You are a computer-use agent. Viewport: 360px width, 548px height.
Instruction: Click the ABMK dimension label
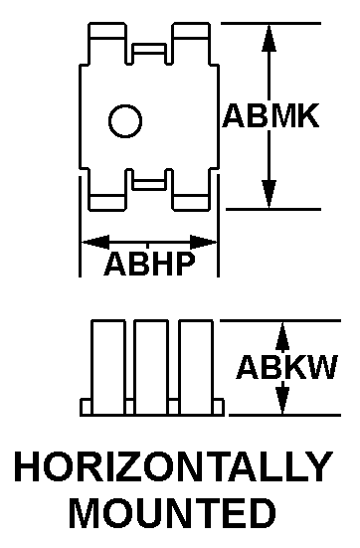click(270, 115)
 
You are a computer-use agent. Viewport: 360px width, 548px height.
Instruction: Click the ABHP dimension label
click(149, 264)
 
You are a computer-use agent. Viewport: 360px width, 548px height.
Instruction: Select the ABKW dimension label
click(286, 367)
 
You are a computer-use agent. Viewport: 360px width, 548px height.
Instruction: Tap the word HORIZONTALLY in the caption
click(174, 466)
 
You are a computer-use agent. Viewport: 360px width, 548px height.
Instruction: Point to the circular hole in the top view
click(125, 120)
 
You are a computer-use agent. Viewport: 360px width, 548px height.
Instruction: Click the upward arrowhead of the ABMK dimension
click(269, 38)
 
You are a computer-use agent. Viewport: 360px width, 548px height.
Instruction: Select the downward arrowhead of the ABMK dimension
click(269, 194)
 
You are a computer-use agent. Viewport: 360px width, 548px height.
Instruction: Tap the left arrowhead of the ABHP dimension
click(95, 242)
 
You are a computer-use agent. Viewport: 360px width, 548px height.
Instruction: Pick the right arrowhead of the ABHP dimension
click(204, 242)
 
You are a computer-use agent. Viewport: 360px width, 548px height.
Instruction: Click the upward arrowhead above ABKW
click(282, 336)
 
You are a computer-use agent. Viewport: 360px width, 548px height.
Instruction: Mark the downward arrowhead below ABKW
click(282, 398)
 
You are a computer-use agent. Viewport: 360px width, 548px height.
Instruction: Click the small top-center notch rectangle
click(149, 48)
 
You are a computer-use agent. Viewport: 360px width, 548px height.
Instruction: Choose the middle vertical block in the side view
click(151, 368)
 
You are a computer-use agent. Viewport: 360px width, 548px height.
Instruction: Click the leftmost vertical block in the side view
click(108, 368)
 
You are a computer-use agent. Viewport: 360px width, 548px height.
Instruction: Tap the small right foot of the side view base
click(219, 407)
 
